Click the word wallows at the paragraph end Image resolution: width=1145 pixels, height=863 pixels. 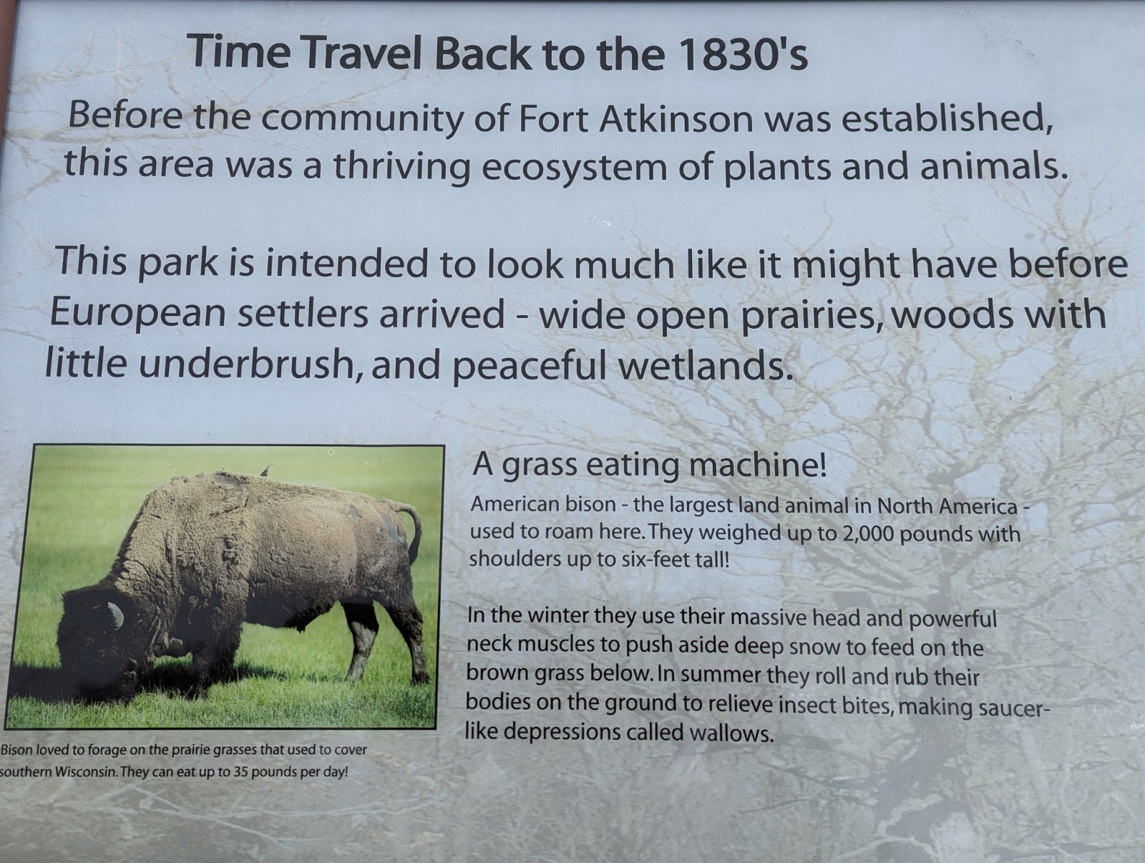(x=731, y=733)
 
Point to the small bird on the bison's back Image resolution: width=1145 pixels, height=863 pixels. (x=265, y=471)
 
